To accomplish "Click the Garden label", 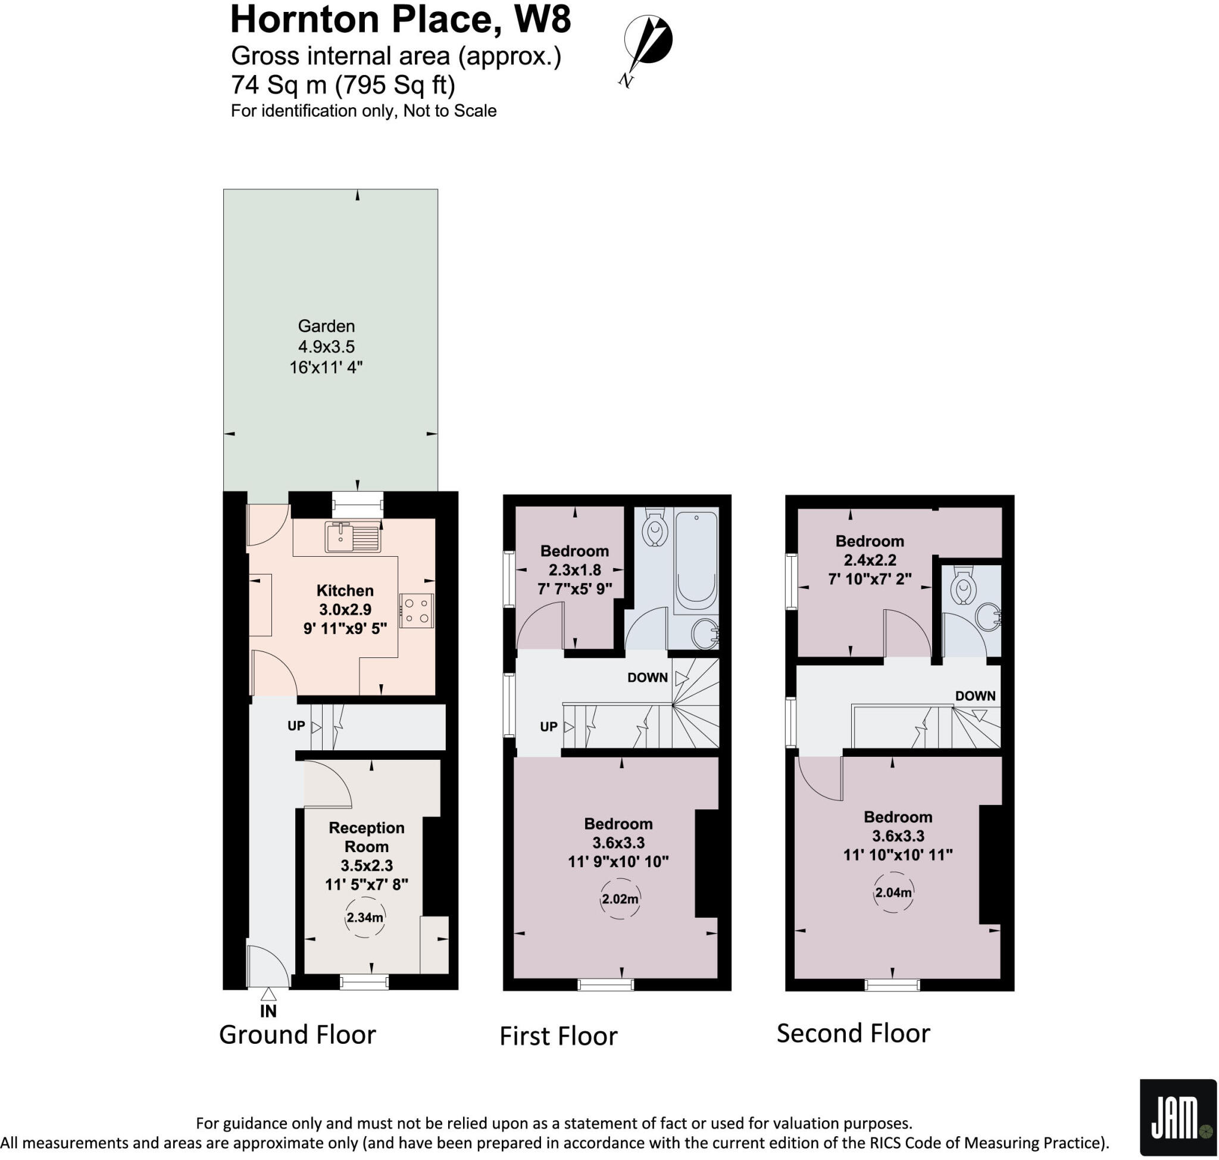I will click(326, 326).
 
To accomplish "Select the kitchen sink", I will click(352, 537).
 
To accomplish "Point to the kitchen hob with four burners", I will click(417, 610).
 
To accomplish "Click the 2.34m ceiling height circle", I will click(365, 917).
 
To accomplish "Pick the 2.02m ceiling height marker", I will click(620, 899).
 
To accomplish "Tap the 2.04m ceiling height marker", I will click(893, 892).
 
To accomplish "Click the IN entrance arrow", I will click(268, 994).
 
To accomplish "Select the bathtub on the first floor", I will click(696, 560).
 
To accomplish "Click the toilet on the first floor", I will click(654, 529).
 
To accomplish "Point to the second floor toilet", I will click(963, 586).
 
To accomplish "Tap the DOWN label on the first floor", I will click(647, 677).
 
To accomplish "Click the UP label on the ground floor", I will click(296, 725).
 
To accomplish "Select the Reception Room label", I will click(366, 837).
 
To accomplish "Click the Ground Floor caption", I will click(298, 1034).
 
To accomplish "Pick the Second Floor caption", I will click(853, 1033).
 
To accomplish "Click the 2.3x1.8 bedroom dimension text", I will click(574, 569).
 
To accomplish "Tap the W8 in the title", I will click(542, 20).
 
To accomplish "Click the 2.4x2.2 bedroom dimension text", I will click(869, 560).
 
